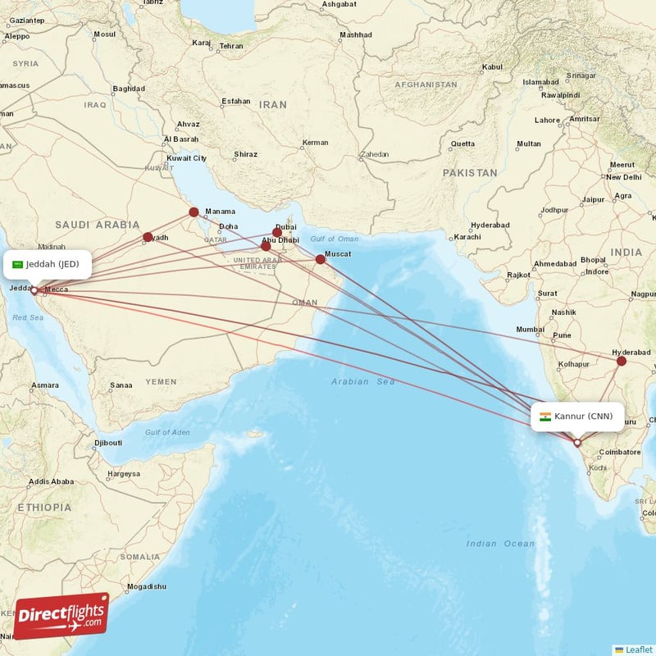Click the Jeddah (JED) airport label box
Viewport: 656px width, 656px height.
tap(46, 264)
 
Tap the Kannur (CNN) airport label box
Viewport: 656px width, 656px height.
tap(577, 416)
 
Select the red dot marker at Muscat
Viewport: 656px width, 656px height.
tap(321, 259)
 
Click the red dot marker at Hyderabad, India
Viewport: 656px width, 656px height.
tap(622, 361)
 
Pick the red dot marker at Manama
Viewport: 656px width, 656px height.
tap(194, 212)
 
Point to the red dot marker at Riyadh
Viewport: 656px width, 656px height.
tap(148, 238)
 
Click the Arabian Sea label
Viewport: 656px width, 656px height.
tap(363, 382)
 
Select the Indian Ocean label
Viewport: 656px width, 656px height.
tap(500, 544)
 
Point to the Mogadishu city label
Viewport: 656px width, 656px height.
tap(147, 586)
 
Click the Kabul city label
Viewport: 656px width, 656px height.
tap(492, 67)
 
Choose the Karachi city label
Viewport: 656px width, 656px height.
tap(467, 237)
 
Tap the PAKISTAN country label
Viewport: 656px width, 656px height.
tap(470, 173)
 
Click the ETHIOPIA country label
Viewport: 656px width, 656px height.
tap(39, 508)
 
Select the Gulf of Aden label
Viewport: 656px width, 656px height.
tap(167, 432)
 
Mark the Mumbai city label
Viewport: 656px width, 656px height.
tap(531, 330)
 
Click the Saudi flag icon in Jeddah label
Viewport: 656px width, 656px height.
tap(17, 264)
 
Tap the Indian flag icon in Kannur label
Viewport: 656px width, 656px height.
tap(545, 416)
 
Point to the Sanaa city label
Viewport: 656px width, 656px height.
tap(121, 385)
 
